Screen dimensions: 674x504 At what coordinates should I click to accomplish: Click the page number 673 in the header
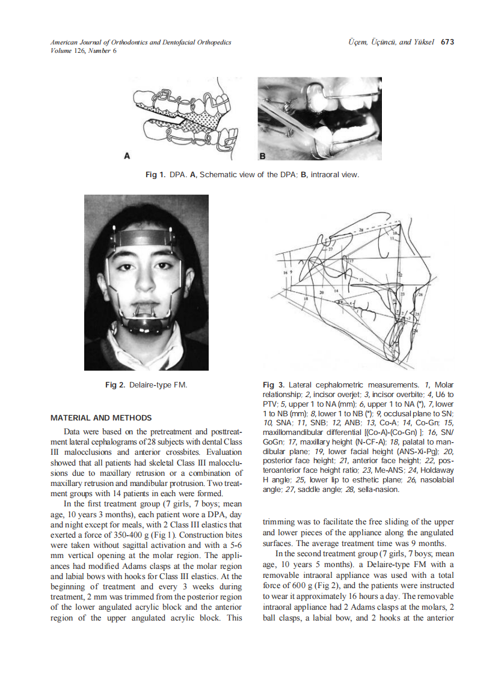[447, 42]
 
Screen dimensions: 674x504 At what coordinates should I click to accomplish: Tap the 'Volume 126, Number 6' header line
[84, 50]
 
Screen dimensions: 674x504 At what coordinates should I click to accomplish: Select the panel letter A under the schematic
[127, 156]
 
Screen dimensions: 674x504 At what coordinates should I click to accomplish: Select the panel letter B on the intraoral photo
[262, 156]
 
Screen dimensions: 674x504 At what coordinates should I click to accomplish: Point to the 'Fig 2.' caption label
[115, 384]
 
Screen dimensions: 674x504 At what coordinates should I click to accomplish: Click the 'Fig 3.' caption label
[274, 384]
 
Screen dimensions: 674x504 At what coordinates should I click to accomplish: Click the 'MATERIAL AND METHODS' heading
[101, 417]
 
